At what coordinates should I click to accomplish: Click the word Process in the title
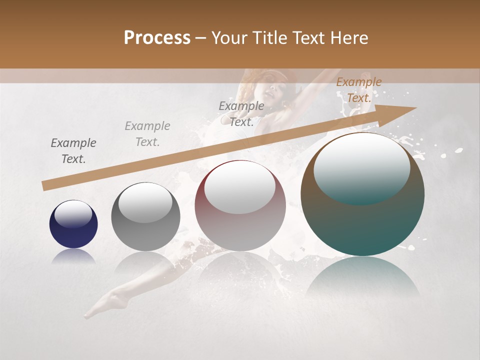click(157, 37)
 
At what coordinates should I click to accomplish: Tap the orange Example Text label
click(358, 90)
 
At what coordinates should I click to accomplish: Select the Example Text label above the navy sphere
click(73, 151)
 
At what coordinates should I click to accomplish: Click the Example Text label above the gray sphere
click(147, 134)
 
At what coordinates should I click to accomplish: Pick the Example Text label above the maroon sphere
click(241, 113)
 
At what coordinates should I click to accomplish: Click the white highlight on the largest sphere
click(361, 167)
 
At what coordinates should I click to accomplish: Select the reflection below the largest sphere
click(362, 277)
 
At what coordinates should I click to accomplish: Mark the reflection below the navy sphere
click(73, 256)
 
